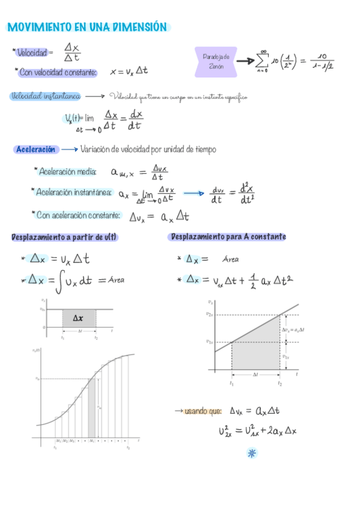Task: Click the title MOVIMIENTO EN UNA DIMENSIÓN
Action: [x=88, y=27]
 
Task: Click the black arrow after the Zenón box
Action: [x=245, y=61]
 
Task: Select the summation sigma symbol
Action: [x=262, y=61]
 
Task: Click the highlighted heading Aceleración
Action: [x=36, y=149]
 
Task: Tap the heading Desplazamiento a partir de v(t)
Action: [x=64, y=238]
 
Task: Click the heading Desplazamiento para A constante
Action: [x=228, y=237]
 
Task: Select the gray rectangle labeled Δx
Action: [x=79, y=318]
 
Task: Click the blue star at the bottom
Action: [x=252, y=453]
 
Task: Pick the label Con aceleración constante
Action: [x=78, y=215]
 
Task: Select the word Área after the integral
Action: [x=117, y=280]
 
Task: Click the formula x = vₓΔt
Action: [x=129, y=72]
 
